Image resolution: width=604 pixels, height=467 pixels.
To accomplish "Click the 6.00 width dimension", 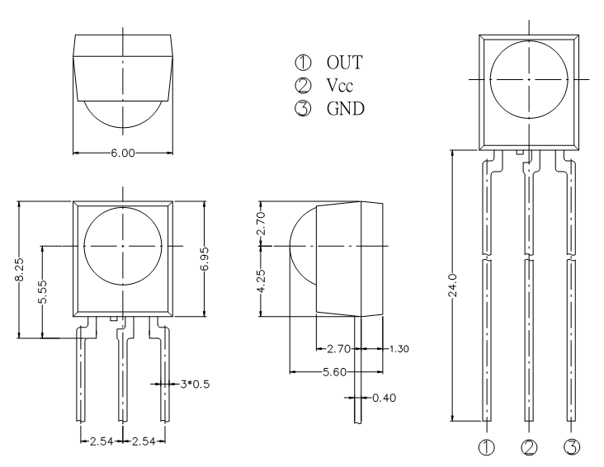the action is pos(123,153).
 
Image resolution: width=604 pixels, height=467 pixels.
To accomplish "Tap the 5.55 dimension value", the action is pos(43,292).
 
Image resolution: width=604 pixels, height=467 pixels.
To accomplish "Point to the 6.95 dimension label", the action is pos(205,258).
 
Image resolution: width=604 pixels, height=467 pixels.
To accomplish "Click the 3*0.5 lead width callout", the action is pos(195,384).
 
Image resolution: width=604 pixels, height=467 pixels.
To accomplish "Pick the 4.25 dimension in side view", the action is pos(261,281).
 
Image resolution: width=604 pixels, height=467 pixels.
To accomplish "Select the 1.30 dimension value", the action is pos(399,349).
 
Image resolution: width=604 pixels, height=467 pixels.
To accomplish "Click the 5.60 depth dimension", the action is pos(335,372).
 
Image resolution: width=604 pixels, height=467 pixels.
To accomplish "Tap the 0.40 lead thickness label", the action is pos(384,398).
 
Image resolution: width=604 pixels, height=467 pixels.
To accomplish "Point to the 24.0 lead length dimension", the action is pos(452,285).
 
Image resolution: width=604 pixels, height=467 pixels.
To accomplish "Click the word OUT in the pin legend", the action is pos(345,63).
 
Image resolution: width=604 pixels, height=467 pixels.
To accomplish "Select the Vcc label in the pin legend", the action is pos(339,86).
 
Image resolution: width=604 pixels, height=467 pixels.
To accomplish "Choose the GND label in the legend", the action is pos(346,109).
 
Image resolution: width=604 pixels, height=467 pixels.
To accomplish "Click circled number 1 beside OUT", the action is pos(303,63).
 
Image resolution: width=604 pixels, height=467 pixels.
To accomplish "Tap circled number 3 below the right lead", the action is pos(572,447).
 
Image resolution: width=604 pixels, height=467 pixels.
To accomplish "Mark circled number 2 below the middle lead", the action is pos(529,447).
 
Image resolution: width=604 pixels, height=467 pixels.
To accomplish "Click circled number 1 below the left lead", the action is pos(487,447).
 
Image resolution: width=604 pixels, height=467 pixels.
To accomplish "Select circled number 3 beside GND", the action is pos(303,109).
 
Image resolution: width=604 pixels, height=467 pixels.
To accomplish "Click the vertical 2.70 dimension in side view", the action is pos(261,223).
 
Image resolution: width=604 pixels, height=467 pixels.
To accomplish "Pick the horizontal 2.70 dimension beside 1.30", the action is pos(339,349).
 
